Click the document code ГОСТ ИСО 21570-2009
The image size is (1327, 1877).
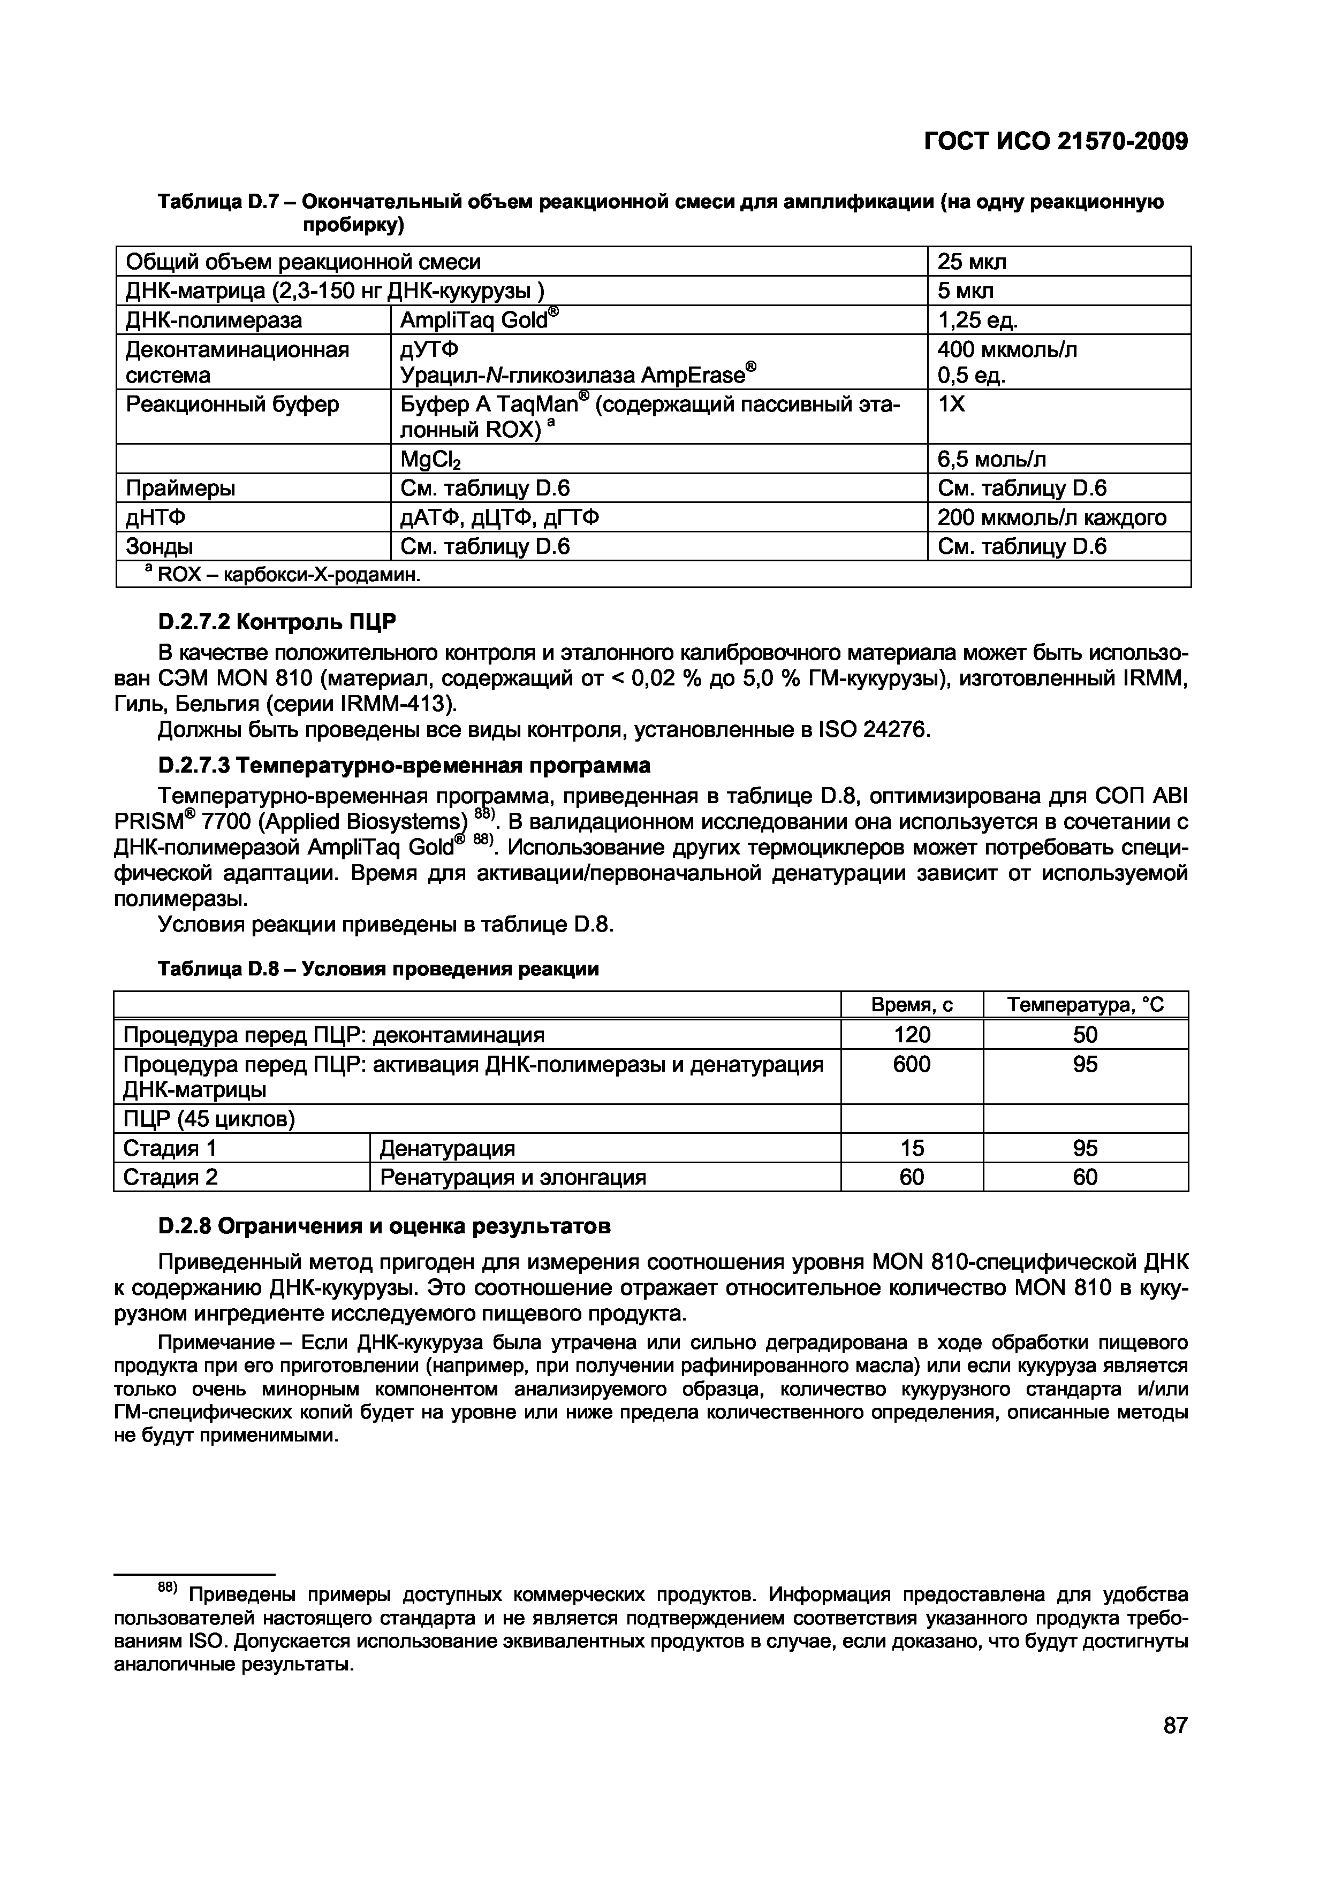tap(1055, 141)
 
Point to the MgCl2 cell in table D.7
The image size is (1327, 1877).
tap(430, 460)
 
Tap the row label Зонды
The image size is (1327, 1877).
tap(160, 546)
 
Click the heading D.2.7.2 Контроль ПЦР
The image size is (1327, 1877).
tap(276, 622)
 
